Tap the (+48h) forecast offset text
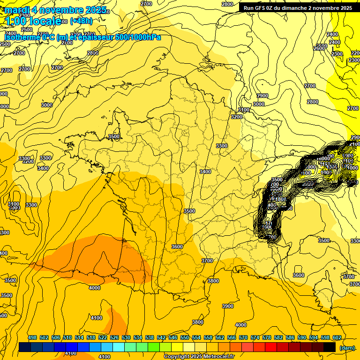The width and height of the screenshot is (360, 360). [x=81, y=21]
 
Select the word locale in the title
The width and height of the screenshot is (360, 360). [x=45, y=21]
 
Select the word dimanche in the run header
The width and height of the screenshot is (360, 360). [x=294, y=8]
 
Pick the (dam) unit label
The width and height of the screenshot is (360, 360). [x=347, y=347]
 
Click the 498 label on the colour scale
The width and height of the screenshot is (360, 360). [x=32, y=337]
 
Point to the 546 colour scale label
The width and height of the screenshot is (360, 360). [x=173, y=337]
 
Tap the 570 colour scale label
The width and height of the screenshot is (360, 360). [x=243, y=337]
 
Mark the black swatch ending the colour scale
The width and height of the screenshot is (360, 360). [x=330, y=347]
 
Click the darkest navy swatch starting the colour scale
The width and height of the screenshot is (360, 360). [x=25, y=347]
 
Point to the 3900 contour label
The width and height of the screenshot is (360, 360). [x=227, y=306]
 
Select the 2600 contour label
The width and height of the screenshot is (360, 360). [x=319, y=48]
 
